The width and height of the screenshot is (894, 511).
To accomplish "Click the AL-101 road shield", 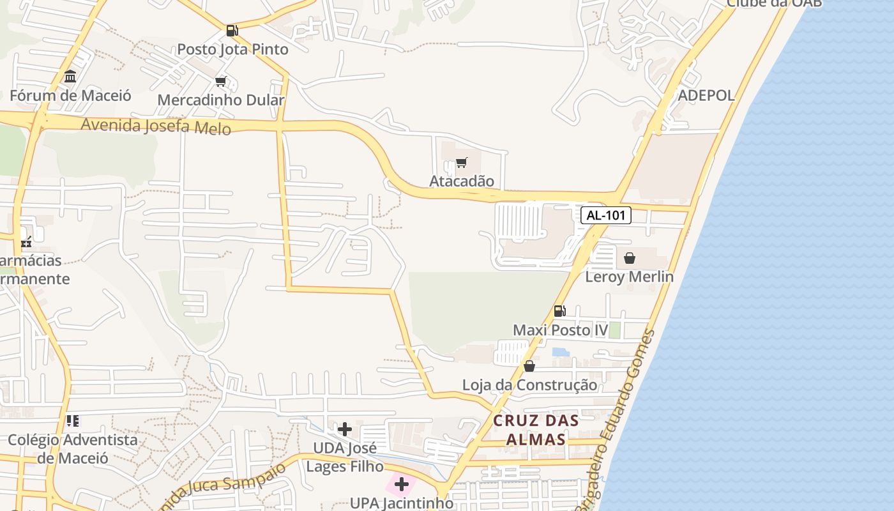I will (606, 215).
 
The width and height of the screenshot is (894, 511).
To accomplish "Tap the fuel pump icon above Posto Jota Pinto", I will (232, 30).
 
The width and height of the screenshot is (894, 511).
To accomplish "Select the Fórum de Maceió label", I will (70, 96).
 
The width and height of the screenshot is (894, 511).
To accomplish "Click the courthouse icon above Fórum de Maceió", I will (70, 77).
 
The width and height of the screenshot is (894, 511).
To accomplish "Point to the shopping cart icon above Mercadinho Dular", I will (220, 81).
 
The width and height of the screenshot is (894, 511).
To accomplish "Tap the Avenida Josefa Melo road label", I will (156, 126).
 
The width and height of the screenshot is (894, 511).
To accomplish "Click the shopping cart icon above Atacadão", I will (461, 162).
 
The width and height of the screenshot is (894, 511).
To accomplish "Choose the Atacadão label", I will (461, 181).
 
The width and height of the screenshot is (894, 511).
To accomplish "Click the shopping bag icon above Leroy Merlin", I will (630, 258).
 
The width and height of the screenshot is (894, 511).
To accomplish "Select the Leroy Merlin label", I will (630, 277).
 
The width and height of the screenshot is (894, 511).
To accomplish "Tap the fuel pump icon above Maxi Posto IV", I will (559, 311).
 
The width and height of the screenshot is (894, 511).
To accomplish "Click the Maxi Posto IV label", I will (561, 330).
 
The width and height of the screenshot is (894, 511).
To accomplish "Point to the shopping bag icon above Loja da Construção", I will (529, 366).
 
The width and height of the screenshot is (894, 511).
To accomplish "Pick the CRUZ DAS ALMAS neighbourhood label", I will (536, 430).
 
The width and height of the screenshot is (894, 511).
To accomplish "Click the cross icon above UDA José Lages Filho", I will (345, 429).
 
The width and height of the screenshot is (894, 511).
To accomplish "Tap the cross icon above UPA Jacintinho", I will (401, 484).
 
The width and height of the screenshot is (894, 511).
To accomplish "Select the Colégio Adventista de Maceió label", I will (72, 449).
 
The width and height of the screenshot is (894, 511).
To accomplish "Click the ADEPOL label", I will (706, 96).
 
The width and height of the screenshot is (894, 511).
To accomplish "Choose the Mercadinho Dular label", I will (220, 100).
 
